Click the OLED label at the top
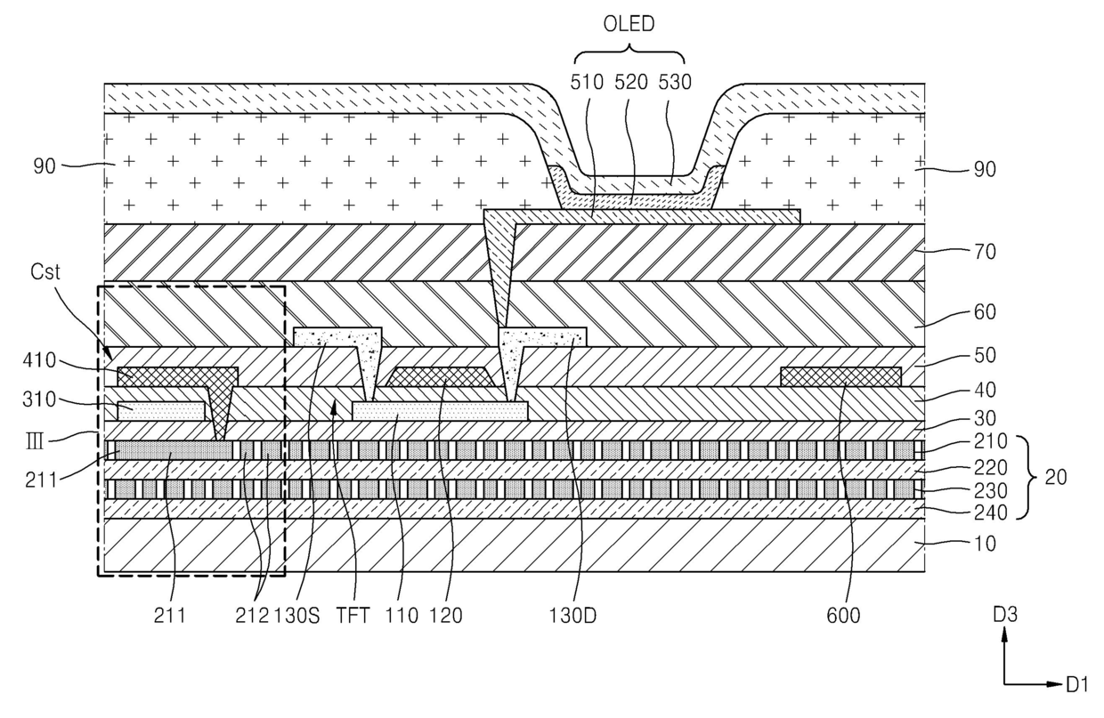click(629, 24)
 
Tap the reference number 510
click(587, 82)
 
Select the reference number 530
click(675, 82)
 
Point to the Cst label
click(45, 271)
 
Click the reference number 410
click(39, 360)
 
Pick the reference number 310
click(39, 399)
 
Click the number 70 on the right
click(985, 252)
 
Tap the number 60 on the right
click(985, 311)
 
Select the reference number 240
click(990, 512)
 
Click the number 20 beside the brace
click(1056, 477)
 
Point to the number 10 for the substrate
click(985, 544)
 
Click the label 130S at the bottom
click(296, 616)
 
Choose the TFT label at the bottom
click(353, 616)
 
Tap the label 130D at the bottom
click(572, 616)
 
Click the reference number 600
click(843, 616)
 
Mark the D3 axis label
click(1005, 615)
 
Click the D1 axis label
click(1077, 684)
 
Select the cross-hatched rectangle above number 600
click(840, 376)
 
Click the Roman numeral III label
click(34, 441)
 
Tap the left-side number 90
click(45, 166)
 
